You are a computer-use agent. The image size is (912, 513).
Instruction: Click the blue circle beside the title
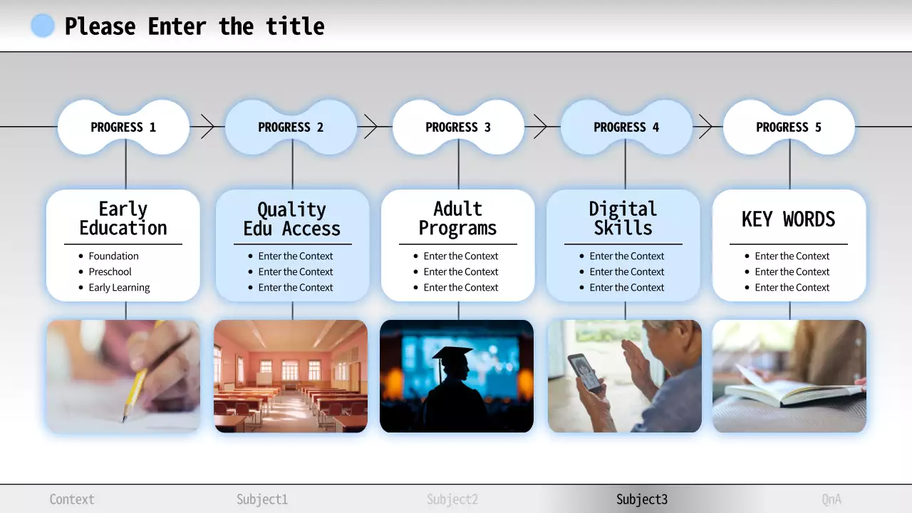(x=43, y=26)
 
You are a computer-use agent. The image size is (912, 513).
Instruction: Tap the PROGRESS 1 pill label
(x=123, y=128)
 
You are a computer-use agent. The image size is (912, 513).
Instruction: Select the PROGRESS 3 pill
(x=458, y=128)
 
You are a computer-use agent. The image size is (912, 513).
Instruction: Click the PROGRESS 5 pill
(x=789, y=128)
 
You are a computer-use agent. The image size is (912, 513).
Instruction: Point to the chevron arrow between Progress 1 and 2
(x=207, y=127)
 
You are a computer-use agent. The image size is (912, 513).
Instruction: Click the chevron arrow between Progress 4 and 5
(x=705, y=127)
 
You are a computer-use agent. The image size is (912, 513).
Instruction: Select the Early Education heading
(x=123, y=218)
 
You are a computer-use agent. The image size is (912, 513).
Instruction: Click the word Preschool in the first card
(x=110, y=271)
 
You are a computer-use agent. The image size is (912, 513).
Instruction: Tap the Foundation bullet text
(x=113, y=256)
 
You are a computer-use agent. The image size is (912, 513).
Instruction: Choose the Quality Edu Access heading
(x=292, y=219)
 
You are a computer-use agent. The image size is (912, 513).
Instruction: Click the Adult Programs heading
(x=457, y=218)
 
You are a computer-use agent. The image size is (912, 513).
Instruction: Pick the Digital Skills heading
(x=623, y=218)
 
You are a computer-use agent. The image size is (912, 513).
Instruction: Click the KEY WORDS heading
(x=789, y=219)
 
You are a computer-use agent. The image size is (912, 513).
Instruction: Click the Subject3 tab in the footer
(x=642, y=499)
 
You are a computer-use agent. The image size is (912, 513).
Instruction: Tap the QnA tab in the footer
(x=831, y=499)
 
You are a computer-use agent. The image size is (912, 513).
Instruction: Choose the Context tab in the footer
(x=72, y=499)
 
